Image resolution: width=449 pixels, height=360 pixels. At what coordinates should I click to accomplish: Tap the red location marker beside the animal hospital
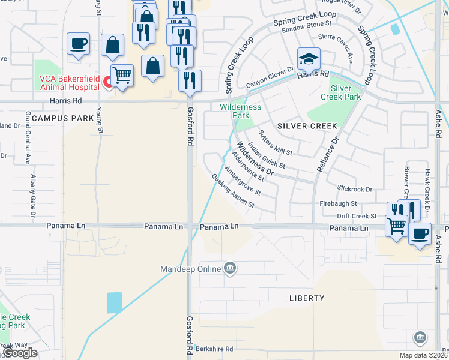coord(107,82)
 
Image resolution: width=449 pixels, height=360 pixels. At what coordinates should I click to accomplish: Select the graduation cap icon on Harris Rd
coord(309,59)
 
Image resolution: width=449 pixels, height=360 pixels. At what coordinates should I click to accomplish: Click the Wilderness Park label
coord(240,111)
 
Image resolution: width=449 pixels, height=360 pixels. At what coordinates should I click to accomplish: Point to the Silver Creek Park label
coord(340,92)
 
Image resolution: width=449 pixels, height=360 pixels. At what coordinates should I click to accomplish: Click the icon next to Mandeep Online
coord(229,268)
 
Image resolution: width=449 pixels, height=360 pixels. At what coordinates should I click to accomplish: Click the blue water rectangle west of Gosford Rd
coord(114,302)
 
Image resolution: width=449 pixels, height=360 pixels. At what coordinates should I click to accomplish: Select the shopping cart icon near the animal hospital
coord(122,76)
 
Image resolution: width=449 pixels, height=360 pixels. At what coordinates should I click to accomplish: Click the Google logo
coord(20,353)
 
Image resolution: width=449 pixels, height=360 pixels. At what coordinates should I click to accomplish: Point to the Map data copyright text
coord(423,355)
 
